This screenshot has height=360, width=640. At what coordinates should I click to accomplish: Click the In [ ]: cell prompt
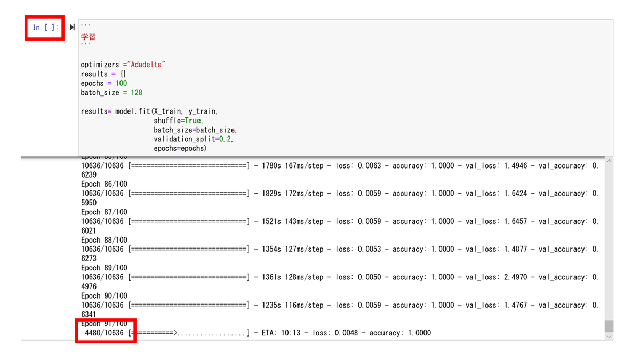[45, 27]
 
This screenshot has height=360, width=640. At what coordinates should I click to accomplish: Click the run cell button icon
[73, 27]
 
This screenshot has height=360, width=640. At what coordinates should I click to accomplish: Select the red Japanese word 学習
[89, 37]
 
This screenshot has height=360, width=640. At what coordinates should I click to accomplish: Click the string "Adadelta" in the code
[146, 65]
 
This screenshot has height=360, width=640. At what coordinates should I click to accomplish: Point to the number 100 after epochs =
[121, 83]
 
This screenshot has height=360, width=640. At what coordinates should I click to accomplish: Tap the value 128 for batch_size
[137, 93]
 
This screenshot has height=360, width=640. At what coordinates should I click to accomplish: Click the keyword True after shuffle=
[193, 121]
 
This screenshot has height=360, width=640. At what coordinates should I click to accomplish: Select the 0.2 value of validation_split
[225, 139]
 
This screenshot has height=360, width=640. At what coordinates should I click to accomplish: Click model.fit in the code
[133, 111]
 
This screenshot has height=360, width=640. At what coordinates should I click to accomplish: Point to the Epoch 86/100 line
[105, 184]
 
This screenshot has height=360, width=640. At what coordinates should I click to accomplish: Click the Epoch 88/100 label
[105, 240]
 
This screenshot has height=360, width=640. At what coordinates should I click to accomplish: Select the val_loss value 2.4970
[515, 277]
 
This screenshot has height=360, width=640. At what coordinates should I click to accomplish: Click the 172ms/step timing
[304, 194]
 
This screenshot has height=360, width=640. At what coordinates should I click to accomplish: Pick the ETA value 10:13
[291, 333]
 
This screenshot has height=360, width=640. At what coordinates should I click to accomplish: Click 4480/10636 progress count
[105, 333]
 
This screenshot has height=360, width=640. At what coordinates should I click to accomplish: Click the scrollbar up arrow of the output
[609, 161]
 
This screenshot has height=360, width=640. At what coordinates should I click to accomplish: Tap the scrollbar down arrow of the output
[609, 337]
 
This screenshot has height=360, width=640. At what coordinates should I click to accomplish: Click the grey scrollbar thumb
[609, 326]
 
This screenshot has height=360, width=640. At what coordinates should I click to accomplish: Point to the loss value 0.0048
[346, 333]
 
